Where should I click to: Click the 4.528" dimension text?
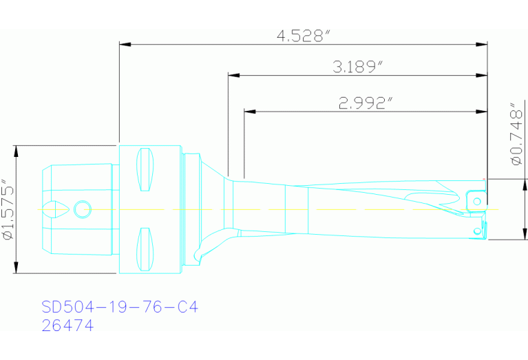click(304, 36)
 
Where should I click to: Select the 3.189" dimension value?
click(359, 66)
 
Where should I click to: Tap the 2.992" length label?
click(366, 103)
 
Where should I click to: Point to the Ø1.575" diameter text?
click(8, 209)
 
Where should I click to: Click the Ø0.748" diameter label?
click(517, 134)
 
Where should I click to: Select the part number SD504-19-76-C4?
click(120, 306)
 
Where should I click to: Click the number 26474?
click(67, 326)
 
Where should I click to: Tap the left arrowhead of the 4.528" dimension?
click(125, 44)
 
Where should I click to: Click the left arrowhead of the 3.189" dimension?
click(233, 75)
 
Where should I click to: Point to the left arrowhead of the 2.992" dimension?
click(249, 111)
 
